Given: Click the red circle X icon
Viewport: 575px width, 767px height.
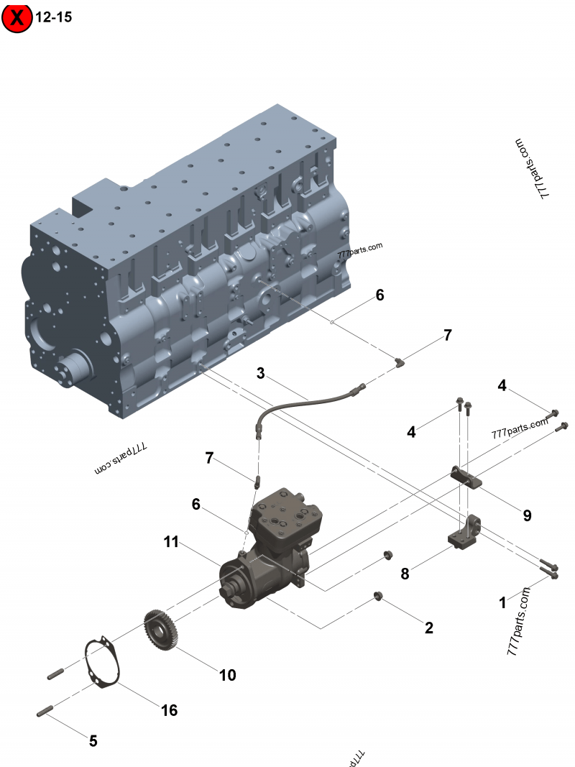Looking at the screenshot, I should point(17,18).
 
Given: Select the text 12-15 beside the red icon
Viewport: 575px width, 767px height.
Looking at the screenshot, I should point(54,17).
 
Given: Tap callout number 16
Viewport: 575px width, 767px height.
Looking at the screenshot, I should point(169,710).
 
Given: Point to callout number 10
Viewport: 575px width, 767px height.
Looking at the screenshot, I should point(227,675).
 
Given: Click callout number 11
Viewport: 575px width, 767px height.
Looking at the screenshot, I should point(170,542).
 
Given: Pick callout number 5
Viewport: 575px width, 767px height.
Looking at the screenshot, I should point(93,740).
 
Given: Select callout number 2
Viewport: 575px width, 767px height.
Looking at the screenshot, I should point(429,628).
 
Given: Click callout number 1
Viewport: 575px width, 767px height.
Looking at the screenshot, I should point(503,603).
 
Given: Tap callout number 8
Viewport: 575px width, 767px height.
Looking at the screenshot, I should point(405,574).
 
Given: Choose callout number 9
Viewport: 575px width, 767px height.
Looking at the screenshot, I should point(527,515).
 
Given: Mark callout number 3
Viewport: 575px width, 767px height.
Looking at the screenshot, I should point(261,373).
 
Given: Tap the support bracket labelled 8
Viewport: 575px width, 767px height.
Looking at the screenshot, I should point(464,532).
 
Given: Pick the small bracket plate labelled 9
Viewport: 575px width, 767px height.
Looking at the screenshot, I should point(466,476).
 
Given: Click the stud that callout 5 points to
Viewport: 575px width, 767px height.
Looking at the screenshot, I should point(42,712).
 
